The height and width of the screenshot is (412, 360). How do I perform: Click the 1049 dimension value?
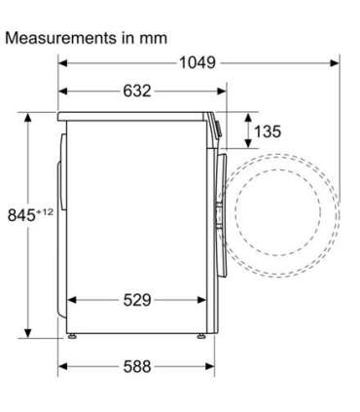click(198, 62)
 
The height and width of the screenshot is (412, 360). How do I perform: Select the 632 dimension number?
click(137, 91)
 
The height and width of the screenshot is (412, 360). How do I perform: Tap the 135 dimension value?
click(268, 131)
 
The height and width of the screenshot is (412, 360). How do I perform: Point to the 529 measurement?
click(137, 300)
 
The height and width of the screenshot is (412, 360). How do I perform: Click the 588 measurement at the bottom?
click(137, 367)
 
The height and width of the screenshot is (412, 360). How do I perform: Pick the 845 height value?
click(21, 215)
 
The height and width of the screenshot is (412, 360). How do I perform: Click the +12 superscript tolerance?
click(45, 211)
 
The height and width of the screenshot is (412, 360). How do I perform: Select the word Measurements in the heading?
click(61, 38)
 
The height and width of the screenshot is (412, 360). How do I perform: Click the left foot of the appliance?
click(72, 336)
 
